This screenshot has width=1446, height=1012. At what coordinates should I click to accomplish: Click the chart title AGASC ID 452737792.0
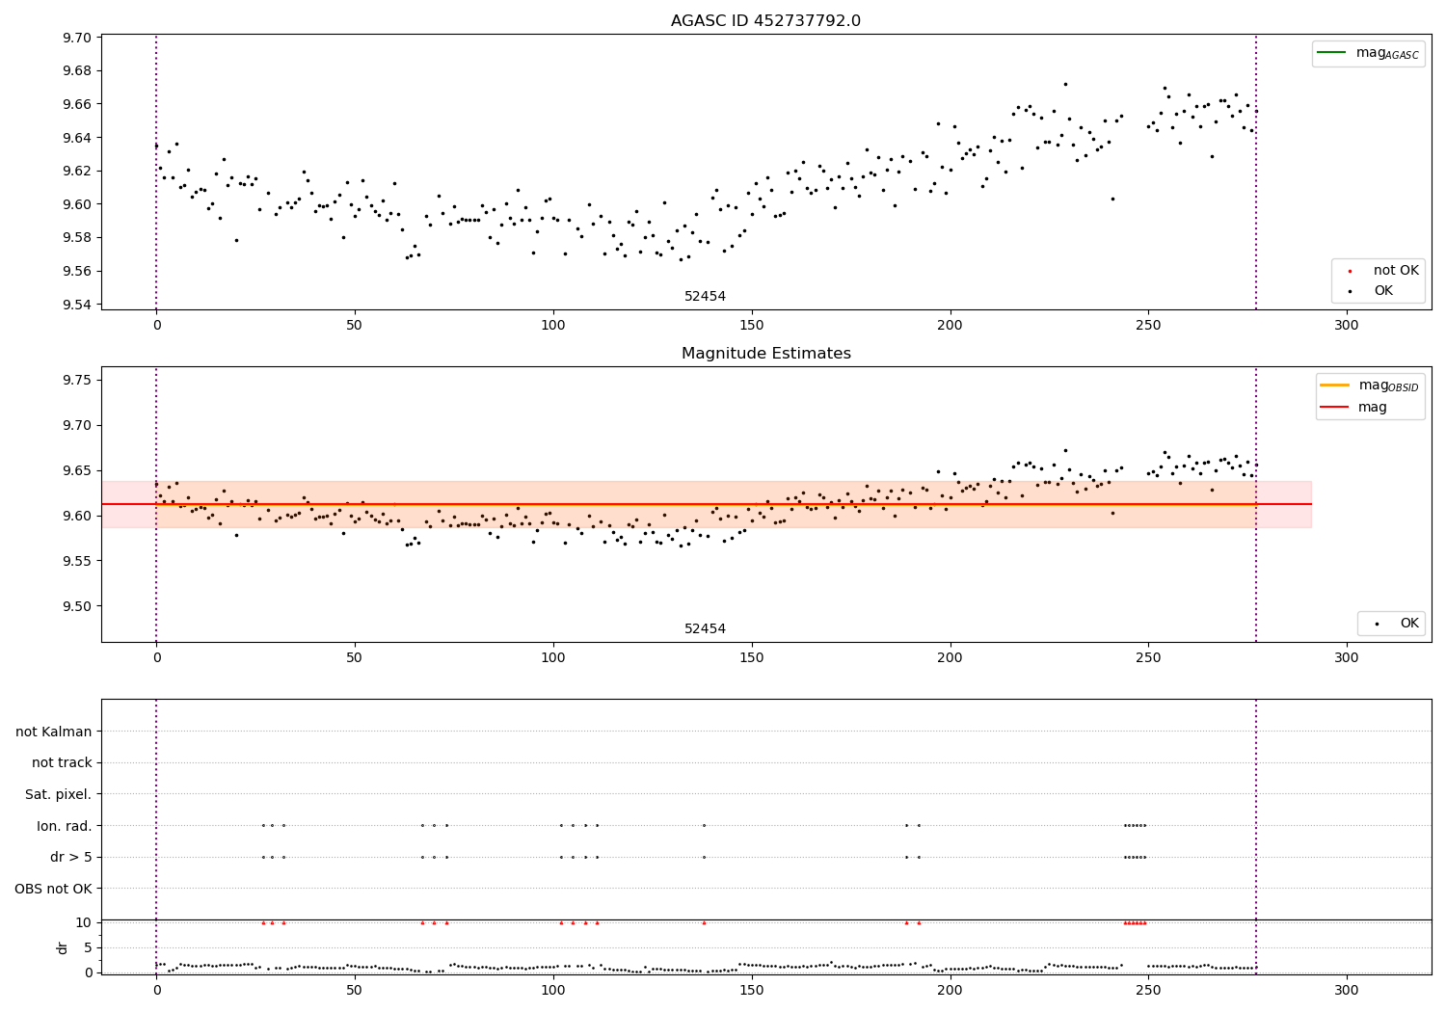tap(765, 21)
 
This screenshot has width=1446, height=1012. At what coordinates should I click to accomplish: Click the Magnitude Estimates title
tap(765, 354)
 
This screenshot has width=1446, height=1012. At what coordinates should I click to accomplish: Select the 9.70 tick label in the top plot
tap(77, 38)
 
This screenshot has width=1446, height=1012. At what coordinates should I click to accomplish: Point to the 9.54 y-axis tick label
tap(77, 305)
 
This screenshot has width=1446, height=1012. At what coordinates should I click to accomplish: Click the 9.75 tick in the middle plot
tap(77, 380)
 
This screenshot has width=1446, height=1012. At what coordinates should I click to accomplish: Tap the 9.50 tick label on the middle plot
tap(77, 606)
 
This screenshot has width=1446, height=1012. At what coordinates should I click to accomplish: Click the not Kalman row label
tap(54, 732)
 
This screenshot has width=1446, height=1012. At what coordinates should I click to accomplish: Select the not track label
tap(62, 762)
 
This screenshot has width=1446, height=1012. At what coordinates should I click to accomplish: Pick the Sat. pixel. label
tap(59, 794)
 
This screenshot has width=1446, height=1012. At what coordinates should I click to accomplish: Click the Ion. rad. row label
tap(65, 826)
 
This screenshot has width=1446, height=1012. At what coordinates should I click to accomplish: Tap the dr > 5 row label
tap(71, 857)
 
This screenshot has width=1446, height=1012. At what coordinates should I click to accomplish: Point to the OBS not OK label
tap(54, 888)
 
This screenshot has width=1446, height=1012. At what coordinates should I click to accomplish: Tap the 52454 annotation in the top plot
tap(705, 297)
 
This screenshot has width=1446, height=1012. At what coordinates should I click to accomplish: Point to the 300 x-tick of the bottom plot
tap(1346, 991)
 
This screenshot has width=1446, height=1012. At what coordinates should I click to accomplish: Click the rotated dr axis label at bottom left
tap(63, 947)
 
